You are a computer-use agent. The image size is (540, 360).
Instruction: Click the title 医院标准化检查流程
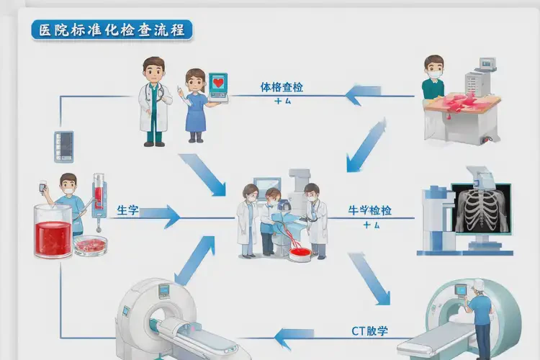[x=112, y=30]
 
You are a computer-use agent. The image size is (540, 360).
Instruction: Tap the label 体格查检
[x=282, y=87]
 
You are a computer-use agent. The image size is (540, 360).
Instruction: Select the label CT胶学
[x=369, y=331]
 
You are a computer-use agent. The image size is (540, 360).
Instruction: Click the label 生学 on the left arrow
[x=127, y=211]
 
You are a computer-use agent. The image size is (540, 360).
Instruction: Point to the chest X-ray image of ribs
[x=481, y=208]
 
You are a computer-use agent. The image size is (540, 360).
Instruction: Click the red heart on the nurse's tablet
[x=218, y=82]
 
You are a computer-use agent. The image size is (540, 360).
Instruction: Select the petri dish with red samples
[x=91, y=245]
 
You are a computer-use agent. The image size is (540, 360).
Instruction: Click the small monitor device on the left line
[x=64, y=146]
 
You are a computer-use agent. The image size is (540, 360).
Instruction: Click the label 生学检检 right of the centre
[x=370, y=211]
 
